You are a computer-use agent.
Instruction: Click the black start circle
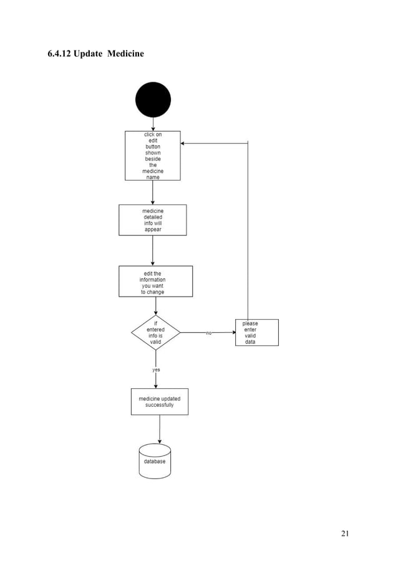pos(153,100)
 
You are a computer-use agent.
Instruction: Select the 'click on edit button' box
pos(153,156)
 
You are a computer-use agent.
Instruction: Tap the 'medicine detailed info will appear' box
pos(153,220)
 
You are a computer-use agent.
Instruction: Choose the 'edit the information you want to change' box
pos(155,282)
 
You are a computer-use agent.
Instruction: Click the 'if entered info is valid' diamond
pos(155,333)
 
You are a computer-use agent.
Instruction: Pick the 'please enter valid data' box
pos(256,333)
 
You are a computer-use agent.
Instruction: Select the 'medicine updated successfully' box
pos(159,402)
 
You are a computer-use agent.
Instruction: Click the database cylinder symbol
pos(155,461)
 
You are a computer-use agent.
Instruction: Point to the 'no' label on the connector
pos(209,333)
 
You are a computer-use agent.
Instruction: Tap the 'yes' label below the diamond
pos(156,369)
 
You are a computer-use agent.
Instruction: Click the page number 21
pos(345,533)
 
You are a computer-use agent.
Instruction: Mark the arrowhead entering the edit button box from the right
pos(183,143)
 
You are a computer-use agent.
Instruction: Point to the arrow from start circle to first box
pos(153,124)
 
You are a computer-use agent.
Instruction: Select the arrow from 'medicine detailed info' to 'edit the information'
pos(153,250)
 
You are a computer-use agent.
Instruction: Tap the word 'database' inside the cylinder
pos(155,462)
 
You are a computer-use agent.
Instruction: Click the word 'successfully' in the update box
pos(160,405)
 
